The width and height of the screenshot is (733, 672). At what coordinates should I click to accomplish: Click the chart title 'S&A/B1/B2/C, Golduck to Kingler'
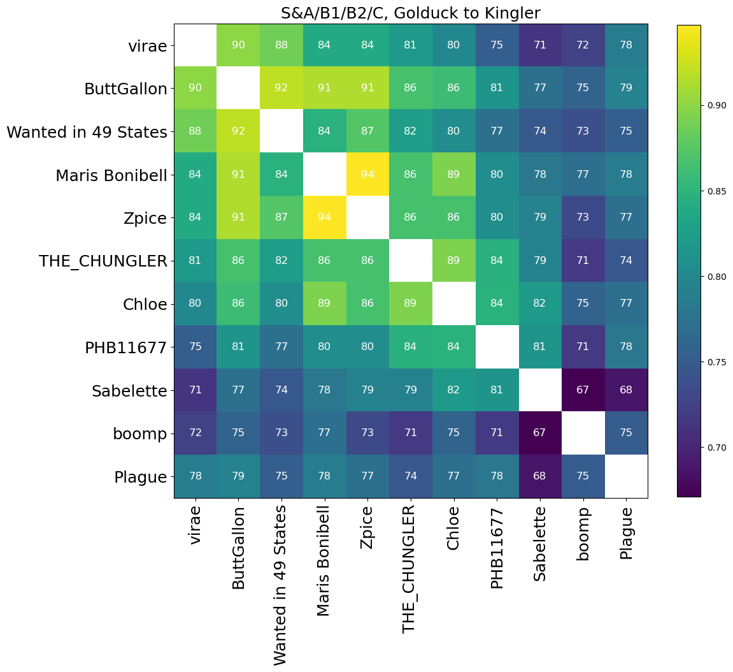point(411,13)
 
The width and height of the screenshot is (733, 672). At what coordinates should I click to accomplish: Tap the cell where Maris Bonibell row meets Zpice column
point(367,174)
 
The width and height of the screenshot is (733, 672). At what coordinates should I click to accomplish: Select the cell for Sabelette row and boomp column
point(583,390)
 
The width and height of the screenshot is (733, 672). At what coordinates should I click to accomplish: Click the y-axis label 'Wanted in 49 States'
point(87,132)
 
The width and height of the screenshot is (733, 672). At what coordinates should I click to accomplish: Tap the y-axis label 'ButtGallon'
point(125,89)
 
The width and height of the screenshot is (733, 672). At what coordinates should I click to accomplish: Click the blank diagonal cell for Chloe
point(453,303)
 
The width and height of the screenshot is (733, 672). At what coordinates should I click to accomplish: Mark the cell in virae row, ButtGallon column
point(238,45)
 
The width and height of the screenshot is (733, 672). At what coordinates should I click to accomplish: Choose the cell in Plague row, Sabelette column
point(540,476)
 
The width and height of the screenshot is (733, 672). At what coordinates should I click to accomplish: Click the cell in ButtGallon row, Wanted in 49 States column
point(281,88)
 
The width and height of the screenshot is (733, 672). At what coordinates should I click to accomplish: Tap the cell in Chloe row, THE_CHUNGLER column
point(410,303)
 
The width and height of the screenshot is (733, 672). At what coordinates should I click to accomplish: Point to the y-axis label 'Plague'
point(140,477)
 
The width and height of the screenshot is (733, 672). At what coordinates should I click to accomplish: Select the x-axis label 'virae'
point(195,525)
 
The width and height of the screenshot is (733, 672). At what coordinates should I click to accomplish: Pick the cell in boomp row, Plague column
point(626,433)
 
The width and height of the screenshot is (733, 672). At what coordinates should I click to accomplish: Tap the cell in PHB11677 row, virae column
point(195,347)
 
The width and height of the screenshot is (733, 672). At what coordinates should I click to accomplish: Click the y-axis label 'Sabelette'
point(129,390)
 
